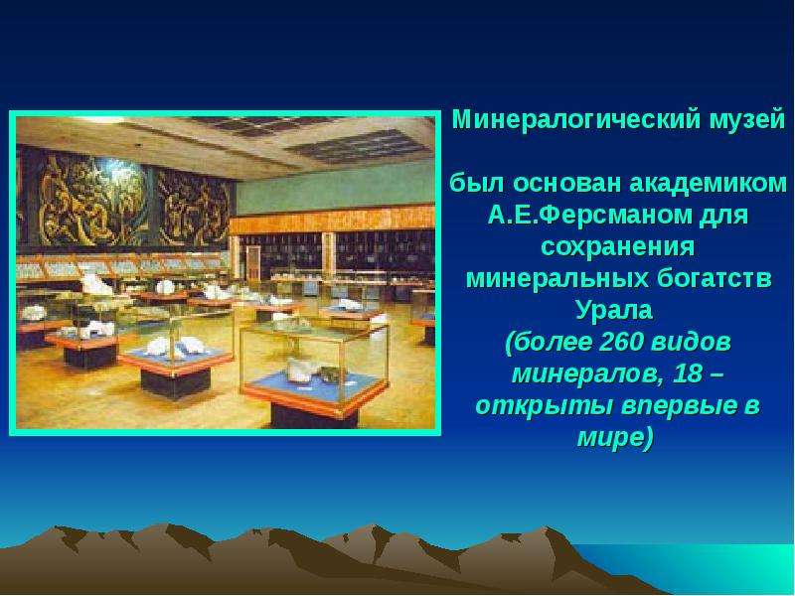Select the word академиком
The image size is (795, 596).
coord(708,183)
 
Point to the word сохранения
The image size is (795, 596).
coord(617,246)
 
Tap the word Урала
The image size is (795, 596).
coord(614,310)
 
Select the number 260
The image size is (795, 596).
coord(620,342)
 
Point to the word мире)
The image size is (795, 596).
coord(614,438)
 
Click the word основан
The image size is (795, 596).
coord(567,183)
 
